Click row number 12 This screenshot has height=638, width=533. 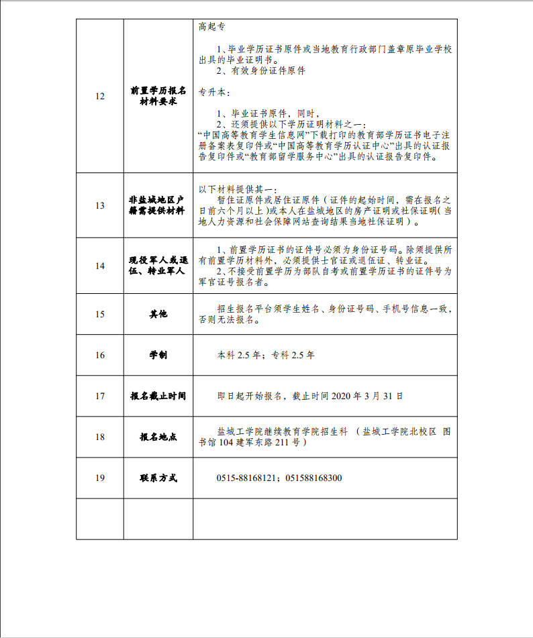click(x=100, y=96)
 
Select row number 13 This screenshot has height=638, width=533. click(x=100, y=205)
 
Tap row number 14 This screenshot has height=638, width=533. click(x=100, y=266)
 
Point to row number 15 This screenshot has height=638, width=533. click(x=100, y=314)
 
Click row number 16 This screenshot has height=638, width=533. click(x=100, y=355)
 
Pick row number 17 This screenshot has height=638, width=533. click(x=100, y=396)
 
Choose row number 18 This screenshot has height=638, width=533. click(x=100, y=437)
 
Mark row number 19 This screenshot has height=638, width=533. click(x=100, y=478)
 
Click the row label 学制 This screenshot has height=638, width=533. click(x=158, y=355)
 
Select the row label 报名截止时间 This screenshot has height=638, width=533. click(x=158, y=396)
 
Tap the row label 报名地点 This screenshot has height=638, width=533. click(x=158, y=437)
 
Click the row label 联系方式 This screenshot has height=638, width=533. click(x=158, y=478)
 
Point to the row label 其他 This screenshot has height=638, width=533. click(x=158, y=314)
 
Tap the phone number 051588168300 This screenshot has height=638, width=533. click(x=313, y=478)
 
